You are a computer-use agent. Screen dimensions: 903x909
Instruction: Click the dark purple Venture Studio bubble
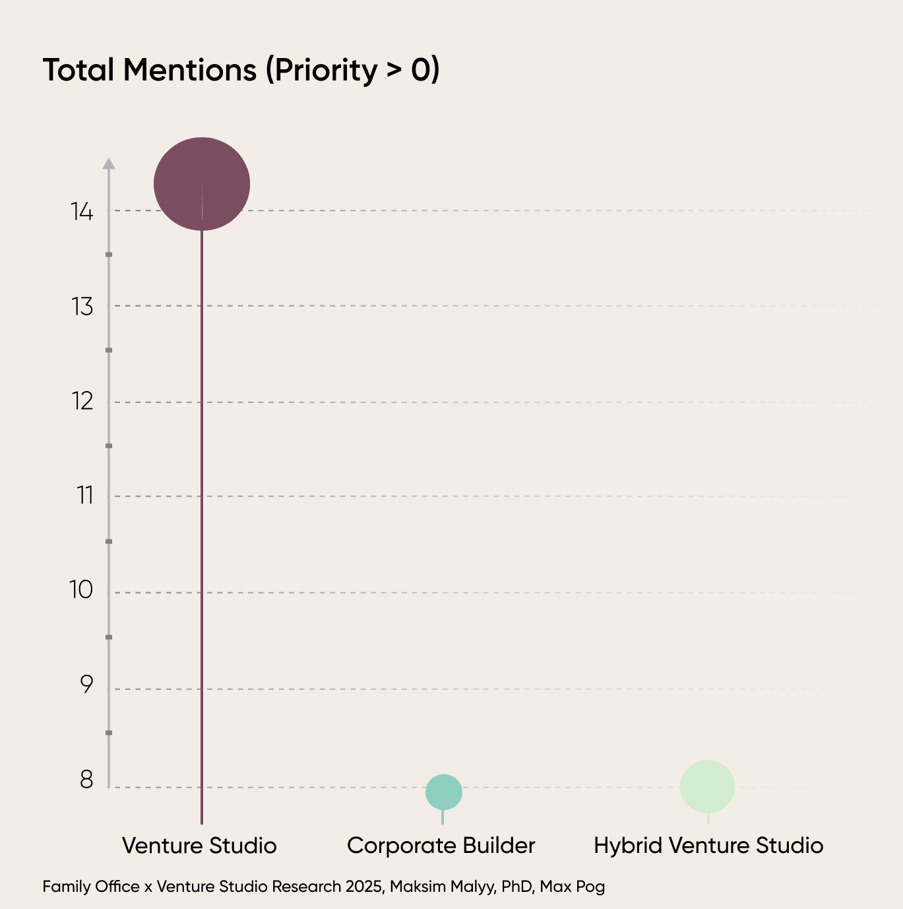tap(202, 184)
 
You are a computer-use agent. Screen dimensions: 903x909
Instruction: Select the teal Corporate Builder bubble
tap(444, 792)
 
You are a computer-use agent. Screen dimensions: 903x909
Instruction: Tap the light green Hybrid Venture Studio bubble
tap(707, 786)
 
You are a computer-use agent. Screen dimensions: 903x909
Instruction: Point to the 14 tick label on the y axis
tap(82, 211)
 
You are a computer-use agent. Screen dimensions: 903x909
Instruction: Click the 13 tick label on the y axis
tap(82, 307)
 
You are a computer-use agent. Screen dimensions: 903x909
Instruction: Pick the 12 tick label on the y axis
tap(82, 402)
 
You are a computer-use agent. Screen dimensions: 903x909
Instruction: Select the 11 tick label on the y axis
tap(85, 496)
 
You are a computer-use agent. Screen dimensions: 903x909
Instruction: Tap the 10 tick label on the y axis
tap(81, 590)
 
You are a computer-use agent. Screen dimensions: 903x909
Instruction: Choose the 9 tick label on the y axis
tap(86, 685)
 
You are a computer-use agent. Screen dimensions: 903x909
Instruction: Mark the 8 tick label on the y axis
tap(86, 780)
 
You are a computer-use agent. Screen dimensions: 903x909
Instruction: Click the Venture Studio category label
tap(199, 845)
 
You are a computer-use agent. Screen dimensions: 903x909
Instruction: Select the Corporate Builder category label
tap(441, 845)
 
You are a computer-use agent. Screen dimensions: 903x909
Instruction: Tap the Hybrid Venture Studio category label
tap(708, 845)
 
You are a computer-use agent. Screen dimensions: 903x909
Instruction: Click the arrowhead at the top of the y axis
tap(109, 164)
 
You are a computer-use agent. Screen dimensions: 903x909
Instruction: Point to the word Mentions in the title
tap(190, 70)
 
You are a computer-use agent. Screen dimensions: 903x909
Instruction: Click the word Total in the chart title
tap(78, 70)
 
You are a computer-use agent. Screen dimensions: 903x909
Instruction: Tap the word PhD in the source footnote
tap(516, 887)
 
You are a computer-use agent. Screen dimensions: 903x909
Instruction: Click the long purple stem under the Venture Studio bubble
tap(202, 527)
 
